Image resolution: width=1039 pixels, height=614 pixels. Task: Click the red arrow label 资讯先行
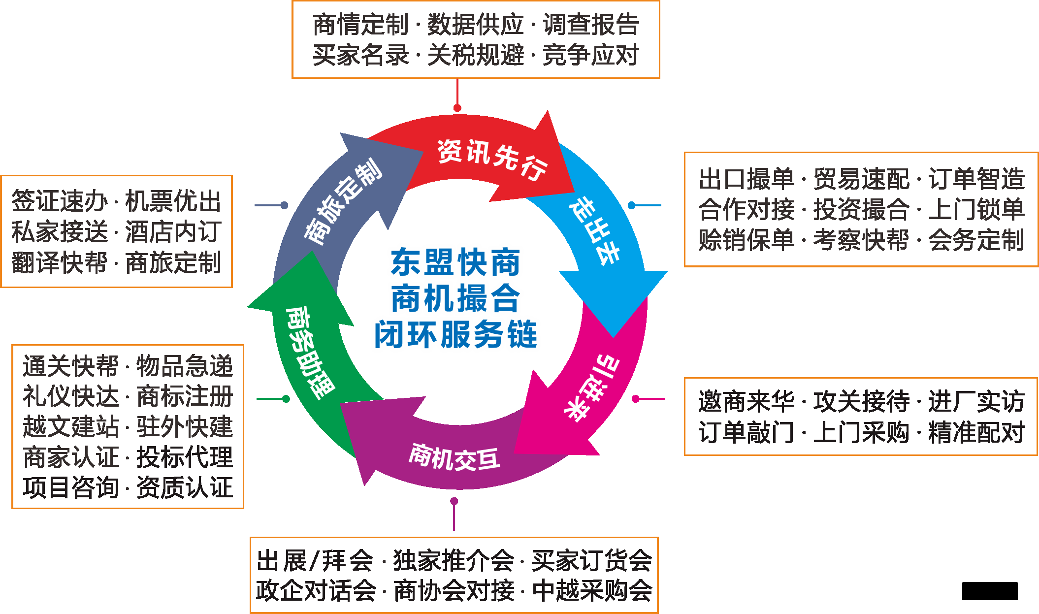pos(491,159)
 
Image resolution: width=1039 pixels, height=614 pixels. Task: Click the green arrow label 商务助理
pos(309,352)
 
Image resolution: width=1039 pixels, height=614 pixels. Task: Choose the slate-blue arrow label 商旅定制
pos(343,201)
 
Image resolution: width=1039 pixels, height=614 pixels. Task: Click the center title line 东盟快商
pos(455,262)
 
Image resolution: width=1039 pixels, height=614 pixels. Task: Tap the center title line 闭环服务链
pos(455,335)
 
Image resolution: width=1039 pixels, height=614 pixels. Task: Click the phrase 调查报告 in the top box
pos(591,25)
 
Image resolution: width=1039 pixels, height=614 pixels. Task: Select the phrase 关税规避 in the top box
pos(476,55)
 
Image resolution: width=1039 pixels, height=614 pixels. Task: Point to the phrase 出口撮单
pos(746,179)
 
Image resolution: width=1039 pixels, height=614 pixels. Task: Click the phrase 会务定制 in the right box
pos(976,240)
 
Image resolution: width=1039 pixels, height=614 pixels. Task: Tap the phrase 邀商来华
pos(746,401)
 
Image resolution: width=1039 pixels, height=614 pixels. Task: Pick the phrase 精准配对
pos(976,432)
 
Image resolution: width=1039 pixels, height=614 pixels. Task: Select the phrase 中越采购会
pos(592,590)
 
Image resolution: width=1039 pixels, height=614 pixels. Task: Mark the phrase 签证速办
pos(60,201)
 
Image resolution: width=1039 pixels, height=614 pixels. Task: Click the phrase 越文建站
pos(71,426)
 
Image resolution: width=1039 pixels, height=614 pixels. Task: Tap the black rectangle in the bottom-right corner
pos(990,591)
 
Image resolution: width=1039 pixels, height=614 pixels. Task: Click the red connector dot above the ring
pos(457,108)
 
